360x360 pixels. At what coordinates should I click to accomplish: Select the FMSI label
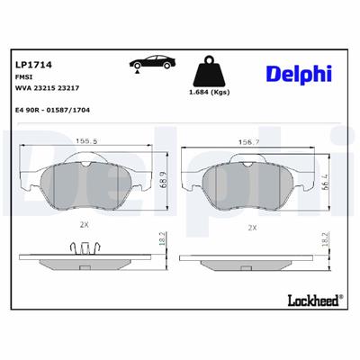point(23,78)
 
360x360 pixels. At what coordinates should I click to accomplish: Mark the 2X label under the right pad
point(253,228)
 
